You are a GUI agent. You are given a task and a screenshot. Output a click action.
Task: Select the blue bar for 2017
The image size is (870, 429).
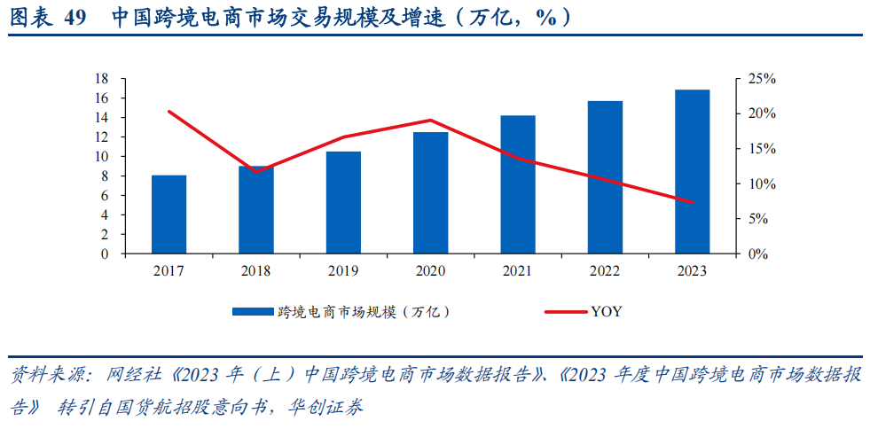coord(169,214)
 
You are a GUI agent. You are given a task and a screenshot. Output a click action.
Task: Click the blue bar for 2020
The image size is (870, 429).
coord(430,193)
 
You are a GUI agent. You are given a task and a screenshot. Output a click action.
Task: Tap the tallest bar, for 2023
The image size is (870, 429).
coord(692,172)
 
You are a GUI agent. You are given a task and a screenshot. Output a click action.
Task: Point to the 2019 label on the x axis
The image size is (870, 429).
coord(342,271)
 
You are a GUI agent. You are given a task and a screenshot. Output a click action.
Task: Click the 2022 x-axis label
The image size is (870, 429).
coord(604,271)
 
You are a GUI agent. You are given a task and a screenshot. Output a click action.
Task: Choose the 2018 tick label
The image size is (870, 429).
coord(255,271)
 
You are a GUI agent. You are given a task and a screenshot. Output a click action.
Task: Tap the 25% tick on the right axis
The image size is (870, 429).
coord(761,79)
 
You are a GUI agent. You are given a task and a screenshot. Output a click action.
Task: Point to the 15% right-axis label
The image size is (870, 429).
coord(761,149)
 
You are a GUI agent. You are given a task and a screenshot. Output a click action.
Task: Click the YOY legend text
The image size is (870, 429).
coord(607,312)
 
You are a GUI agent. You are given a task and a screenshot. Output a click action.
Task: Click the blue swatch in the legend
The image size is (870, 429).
coord(253,312)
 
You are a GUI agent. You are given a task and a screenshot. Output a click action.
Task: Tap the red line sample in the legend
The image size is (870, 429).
coord(564,312)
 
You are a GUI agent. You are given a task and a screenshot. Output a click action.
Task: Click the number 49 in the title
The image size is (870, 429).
coord(75,17)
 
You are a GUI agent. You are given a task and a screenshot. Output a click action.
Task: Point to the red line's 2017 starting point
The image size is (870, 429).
coord(169,112)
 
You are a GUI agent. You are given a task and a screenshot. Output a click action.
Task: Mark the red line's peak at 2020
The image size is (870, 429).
coord(430,121)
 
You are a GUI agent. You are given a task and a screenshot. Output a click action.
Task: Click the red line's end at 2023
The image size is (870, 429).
coord(692,202)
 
